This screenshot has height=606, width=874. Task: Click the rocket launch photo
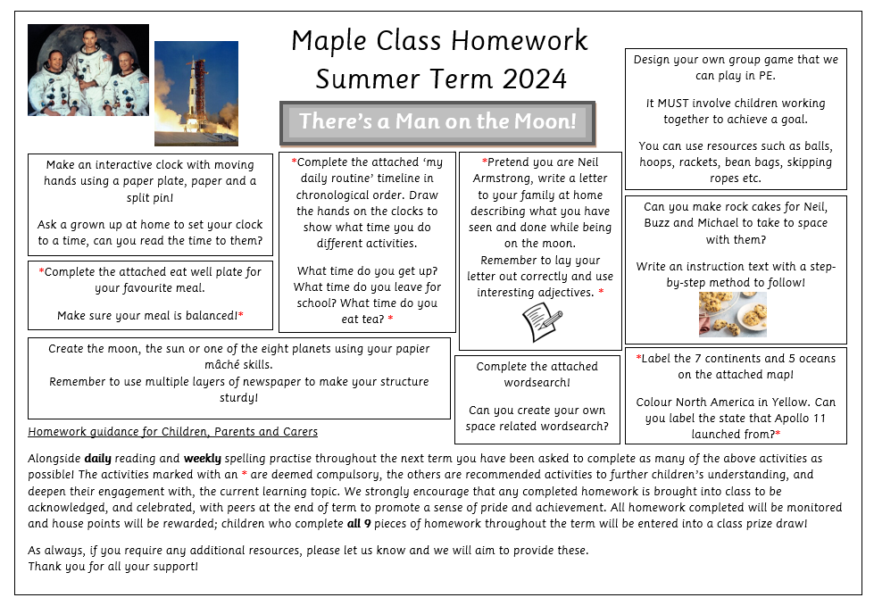pyautogui.click(x=196, y=93)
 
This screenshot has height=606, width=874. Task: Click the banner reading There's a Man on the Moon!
pyautogui.click(x=437, y=121)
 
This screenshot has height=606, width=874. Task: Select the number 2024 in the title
pyautogui.click(x=534, y=79)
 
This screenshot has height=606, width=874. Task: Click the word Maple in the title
pyautogui.click(x=322, y=40)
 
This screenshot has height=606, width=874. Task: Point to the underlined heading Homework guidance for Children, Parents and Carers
pyautogui.click(x=172, y=432)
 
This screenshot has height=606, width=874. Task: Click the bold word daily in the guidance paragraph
pyautogui.click(x=98, y=459)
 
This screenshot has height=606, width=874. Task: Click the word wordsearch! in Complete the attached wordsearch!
pyautogui.click(x=537, y=382)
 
